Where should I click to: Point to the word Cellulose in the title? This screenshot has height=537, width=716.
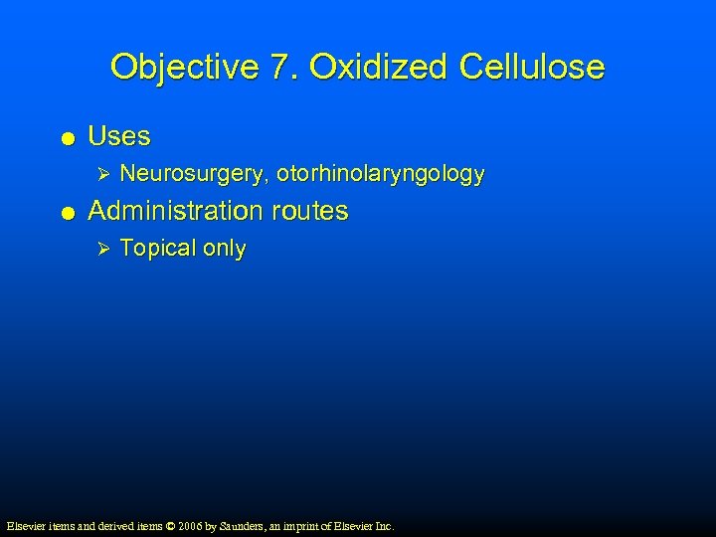pos(531,67)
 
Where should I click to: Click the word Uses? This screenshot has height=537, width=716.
pos(119,135)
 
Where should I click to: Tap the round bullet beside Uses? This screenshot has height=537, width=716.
pos(66,137)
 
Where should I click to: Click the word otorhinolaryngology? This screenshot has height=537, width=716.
pos(381,175)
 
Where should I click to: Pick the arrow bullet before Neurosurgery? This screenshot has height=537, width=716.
pos(96,175)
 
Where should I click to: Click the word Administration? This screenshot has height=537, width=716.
pos(175,211)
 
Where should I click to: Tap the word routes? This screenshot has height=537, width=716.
pos(309,211)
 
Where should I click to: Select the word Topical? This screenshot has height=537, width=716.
pos(157,249)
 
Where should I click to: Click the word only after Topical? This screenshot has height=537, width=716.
pos(224,249)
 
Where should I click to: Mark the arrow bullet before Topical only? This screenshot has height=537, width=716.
pos(96,249)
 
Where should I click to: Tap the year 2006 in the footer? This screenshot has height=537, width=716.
pos(192,525)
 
